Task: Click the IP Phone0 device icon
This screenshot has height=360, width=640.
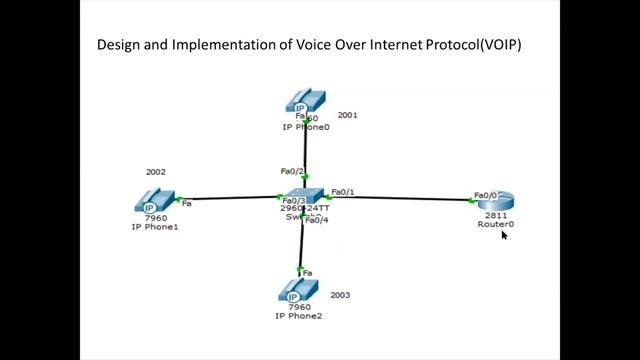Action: [304, 103]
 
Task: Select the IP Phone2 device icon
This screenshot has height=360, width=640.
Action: [298, 291]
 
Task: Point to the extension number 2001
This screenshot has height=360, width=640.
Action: [348, 115]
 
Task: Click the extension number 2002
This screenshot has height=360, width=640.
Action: [156, 172]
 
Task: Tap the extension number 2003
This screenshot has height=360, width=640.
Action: [341, 295]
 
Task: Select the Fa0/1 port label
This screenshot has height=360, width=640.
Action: [343, 191]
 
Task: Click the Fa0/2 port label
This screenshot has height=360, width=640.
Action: [292, 171]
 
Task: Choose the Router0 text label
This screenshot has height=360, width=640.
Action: [496, 224]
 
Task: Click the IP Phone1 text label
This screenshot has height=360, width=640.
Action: [154, 227]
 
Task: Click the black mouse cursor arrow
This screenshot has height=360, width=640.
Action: [505, 236]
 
